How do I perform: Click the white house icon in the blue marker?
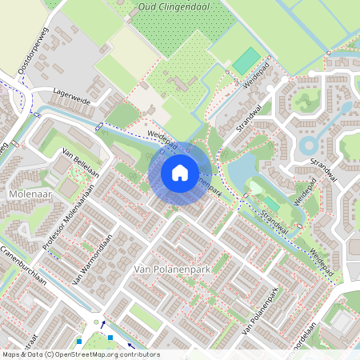tap(180, 172)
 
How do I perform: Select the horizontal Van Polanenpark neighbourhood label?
tap(172, 270)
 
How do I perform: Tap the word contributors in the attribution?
tap(135, 354)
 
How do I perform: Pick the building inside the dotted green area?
tap(180, 83)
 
